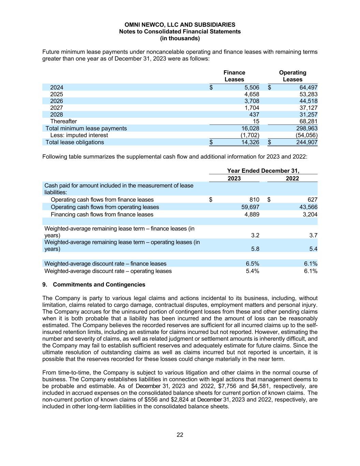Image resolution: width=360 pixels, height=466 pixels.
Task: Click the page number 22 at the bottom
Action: click(x=180, y=435)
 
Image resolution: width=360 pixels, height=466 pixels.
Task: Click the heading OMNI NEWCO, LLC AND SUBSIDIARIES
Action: click(x=180, y=25)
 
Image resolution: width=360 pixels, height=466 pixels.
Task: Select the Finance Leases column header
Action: click(x=234, y=76)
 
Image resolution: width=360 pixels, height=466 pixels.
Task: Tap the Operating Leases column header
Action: click(x=292, y=76)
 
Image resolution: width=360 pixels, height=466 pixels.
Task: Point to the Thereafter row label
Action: click(x=63, y=122)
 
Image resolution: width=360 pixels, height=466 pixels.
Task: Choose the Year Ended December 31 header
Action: click(x=263, y=171)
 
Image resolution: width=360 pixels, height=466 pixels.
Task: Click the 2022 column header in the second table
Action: click(x=292, y=179)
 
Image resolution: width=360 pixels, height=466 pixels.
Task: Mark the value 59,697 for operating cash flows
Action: click(x=250, y=207)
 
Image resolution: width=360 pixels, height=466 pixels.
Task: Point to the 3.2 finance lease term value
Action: click(x=255, y=235)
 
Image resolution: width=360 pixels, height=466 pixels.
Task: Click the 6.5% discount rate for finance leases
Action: click(x=253, y=264)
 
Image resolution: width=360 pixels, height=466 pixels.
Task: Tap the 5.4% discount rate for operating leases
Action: click(x=253, y=271)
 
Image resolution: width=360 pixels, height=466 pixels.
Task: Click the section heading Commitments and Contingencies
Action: click(x=99, y=284)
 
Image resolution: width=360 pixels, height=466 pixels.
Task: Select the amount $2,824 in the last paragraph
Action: click(x=155, y=400)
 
